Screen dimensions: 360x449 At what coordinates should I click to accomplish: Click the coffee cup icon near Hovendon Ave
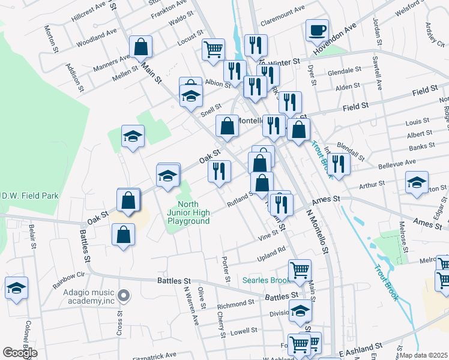317,29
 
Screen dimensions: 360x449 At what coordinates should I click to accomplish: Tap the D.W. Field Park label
29,196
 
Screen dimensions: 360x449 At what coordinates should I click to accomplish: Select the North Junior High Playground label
188,212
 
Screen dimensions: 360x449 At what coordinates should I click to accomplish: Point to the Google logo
20,353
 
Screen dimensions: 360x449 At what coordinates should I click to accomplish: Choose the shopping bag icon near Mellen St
140,46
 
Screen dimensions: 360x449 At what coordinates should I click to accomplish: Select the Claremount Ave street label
282,10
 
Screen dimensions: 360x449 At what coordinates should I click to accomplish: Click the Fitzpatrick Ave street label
155,355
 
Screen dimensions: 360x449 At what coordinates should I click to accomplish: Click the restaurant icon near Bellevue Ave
339,164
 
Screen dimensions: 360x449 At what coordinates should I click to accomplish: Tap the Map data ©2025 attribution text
424,355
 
